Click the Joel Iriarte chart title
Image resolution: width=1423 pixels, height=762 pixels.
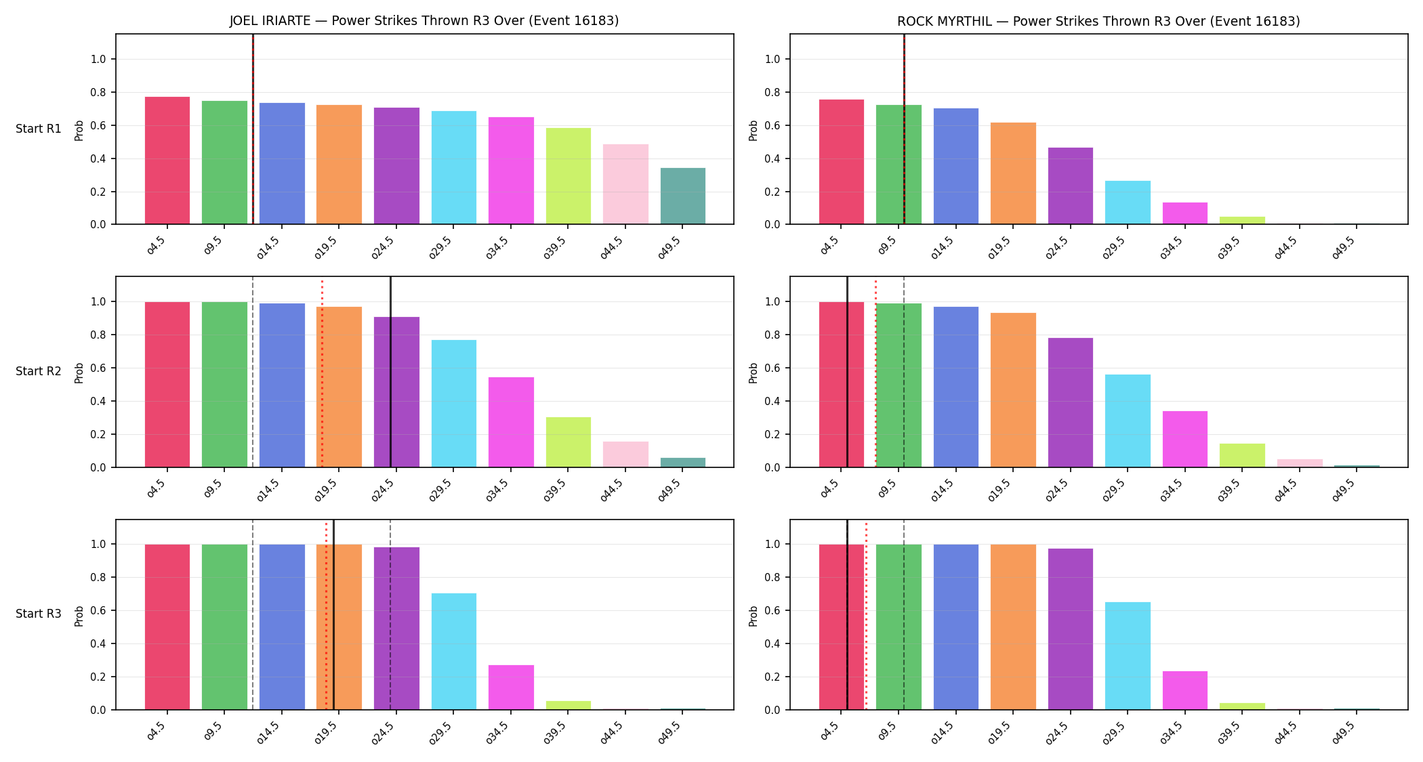coord(424,21)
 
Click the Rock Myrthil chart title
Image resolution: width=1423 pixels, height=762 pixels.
coord(1098,21)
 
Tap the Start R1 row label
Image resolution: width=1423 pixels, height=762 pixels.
coord(39,129)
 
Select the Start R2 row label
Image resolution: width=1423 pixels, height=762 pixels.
coord(39,371)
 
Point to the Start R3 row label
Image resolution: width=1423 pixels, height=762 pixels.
coord(39,614)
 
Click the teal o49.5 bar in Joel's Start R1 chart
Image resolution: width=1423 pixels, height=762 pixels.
coord(683,196)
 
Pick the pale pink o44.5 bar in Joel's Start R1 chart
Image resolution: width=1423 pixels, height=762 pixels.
coord(625,184)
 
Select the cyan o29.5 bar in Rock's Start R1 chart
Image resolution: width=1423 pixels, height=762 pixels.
coord(1128,203)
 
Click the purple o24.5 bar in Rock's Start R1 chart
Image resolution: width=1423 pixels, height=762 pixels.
coord(1071,186)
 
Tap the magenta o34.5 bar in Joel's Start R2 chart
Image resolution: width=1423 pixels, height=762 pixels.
coord(511,422)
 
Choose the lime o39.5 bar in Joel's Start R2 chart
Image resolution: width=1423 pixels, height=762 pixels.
coord(569,442)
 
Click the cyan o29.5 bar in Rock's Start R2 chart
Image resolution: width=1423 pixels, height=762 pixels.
coord(1128,421)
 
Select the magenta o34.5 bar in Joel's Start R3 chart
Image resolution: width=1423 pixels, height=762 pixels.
coord(511,687)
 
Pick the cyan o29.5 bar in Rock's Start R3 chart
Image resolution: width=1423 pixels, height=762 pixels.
coord(1128,656)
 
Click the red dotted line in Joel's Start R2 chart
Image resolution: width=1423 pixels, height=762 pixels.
coord(322,373)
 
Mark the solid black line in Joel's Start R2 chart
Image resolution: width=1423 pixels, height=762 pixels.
coord(390,372)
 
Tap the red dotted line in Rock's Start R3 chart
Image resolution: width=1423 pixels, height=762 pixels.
coord(866,616)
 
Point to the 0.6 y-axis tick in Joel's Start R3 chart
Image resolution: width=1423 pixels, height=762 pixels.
coord(98,610)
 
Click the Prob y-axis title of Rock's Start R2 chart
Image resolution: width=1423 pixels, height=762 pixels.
coord(754,373)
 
